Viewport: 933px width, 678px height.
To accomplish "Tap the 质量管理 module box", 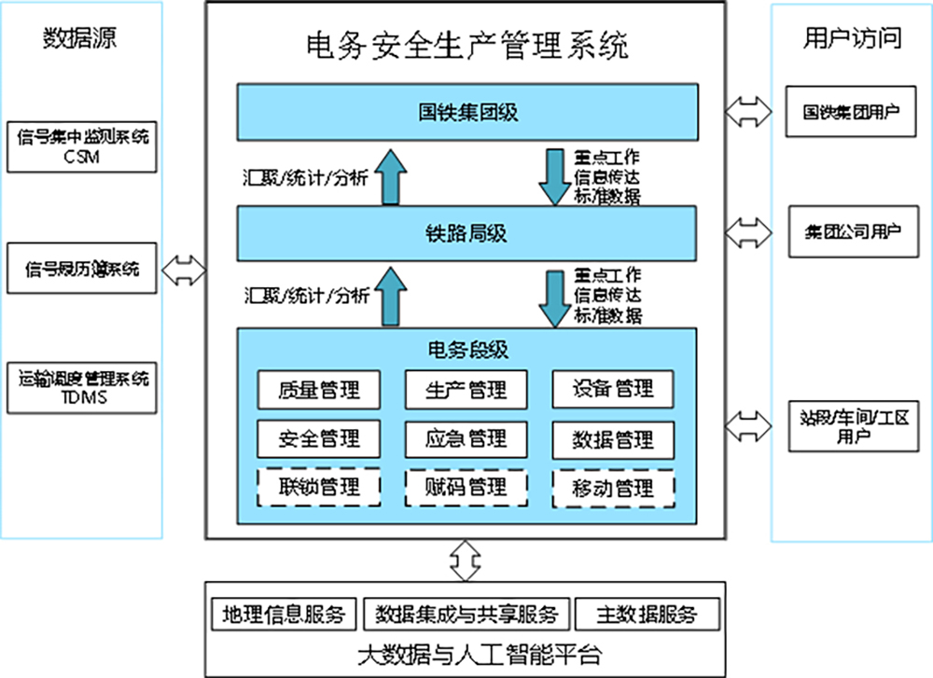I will click(x=319, y=389).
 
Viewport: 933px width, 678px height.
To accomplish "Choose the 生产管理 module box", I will click(x=466, y=389).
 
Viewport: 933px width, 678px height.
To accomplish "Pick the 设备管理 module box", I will click(x=613, y=389).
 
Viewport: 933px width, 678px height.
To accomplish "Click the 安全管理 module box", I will click(x=319, y=438).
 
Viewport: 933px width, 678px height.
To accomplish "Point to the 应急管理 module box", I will click(x=466, y=438).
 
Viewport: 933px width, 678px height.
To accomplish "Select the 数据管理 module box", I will click(x=613, y=438).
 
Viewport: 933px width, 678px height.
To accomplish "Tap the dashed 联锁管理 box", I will click(x=319, y=487).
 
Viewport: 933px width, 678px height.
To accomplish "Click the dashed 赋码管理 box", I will click(x=466, y=487).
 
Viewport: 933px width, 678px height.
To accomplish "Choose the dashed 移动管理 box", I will click(x=613, y=487).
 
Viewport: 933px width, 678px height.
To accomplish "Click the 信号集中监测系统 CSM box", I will click(x=82, y=145).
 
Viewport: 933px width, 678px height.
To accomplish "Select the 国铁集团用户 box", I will click(x=851, y=112).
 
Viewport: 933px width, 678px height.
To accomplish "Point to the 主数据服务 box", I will click(x=648, y=615).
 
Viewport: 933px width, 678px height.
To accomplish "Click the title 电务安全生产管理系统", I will click(x=466, y=45).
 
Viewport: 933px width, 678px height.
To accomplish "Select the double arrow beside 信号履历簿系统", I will click(x=184, y=270).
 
